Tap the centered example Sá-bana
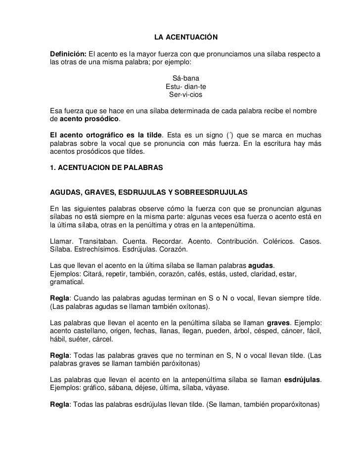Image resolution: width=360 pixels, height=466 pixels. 186,78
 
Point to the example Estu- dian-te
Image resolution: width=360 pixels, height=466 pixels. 186,86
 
